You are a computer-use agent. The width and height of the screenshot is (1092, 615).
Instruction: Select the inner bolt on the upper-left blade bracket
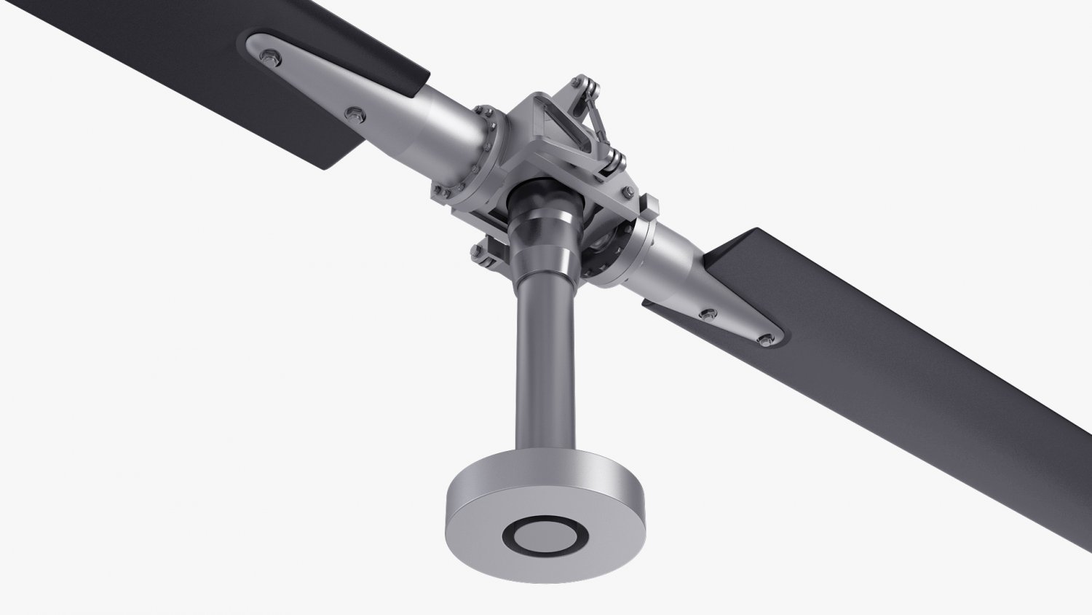tap(354, 113)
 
